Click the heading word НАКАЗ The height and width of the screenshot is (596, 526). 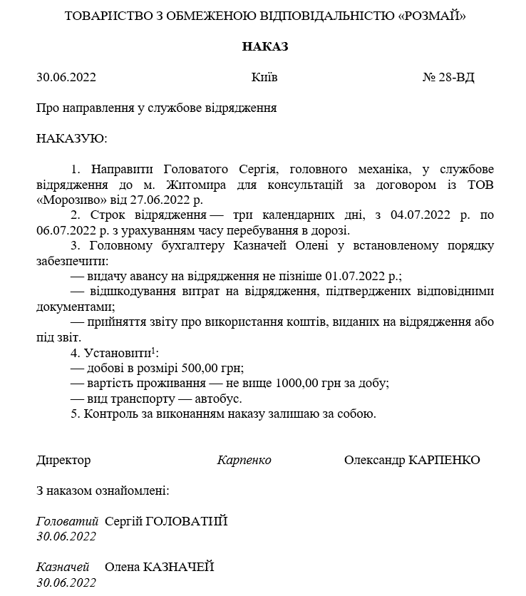click(x=264, y=46)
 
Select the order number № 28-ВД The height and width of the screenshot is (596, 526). click(x=448, y=77)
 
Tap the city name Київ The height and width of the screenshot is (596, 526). click(x=264, y=77)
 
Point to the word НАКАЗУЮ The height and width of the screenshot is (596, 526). click(x=71, y=138)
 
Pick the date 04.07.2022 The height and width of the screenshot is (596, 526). click(x=416, y=215)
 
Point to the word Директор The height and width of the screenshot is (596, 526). click(x=63, y=460)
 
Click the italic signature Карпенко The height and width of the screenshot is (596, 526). click(x=244, y=460)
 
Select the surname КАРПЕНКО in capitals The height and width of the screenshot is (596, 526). click(x=444, y=460)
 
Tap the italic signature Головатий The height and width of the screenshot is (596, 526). click(x=67, y=521)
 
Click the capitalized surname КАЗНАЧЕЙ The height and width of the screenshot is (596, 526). click(x=179, y=567)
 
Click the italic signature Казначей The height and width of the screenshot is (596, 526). click(x=63, y=567)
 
